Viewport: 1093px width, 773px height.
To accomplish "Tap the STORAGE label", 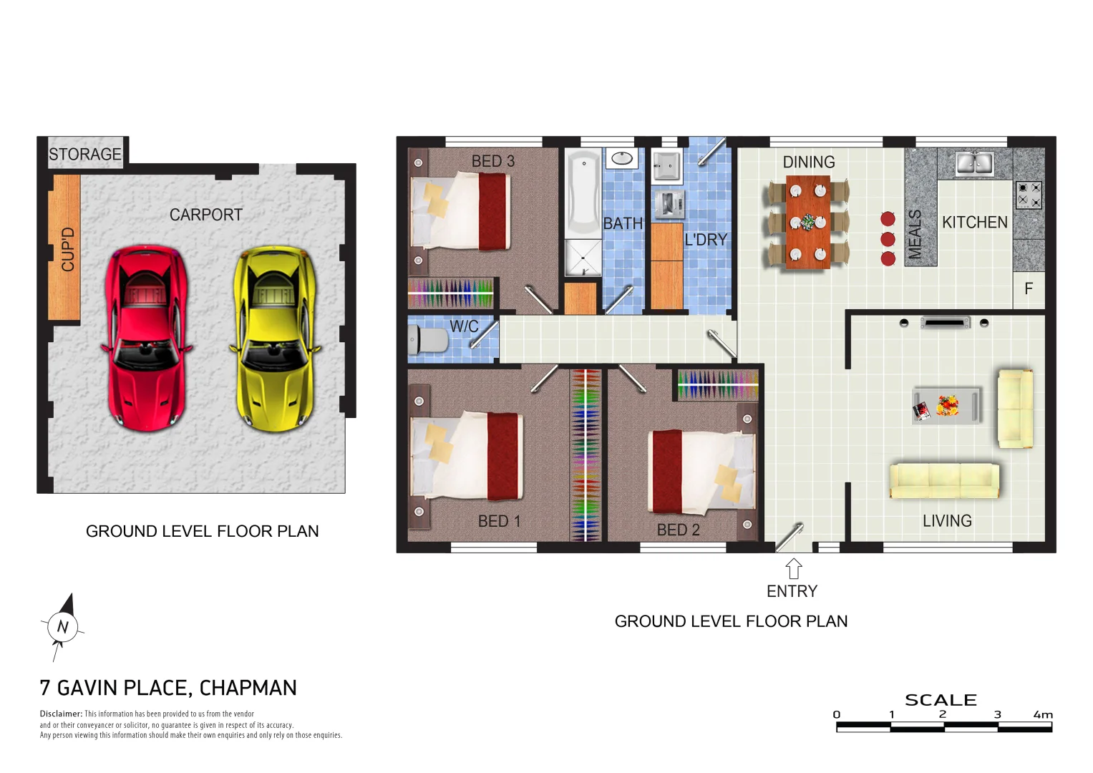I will (x=85, y=155).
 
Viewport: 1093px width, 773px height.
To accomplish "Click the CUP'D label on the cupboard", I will (x=67, y=249).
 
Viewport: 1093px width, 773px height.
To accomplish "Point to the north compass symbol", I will (x=62, y=627).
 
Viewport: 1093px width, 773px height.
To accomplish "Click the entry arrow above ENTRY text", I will (x=793, y=569).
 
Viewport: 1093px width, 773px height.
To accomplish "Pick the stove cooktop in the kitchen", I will (x=1029, y=195).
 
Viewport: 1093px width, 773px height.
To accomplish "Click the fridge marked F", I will (x=1029, y=289).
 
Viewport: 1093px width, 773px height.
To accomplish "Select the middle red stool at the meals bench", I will (x=888, y=239).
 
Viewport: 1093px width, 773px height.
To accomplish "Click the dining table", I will (x=808, y=222).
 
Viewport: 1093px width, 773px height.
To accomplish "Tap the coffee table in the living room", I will (x=946, y=406).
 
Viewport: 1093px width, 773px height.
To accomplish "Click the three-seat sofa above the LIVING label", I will (x=944, y=480).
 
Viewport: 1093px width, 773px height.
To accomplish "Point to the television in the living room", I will (x=945, y=324).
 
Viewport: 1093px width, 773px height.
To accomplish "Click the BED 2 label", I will (x=678, y=530).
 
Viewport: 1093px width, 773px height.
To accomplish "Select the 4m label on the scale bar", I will (x=1043, y=714).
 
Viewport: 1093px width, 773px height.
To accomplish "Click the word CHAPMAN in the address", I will (x=248, y=688).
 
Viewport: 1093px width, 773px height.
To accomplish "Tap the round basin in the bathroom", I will (x=622, y=158).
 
